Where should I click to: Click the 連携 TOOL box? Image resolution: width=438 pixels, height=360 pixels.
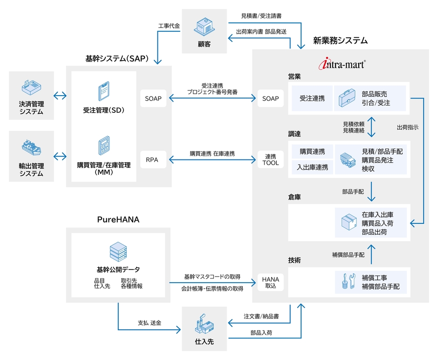tap(270, 160)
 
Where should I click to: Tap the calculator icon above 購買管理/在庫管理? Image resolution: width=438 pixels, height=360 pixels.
tap(103, 146)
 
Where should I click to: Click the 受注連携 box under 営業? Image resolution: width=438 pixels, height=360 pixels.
tap(312, 98)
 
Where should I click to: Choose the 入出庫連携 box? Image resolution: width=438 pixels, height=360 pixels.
tap(312, 167)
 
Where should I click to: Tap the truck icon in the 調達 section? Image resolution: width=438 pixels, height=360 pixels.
tap(348, 160)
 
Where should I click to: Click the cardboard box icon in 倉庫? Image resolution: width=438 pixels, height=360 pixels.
tap(348, 222)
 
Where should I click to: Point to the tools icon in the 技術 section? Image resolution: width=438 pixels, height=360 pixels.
tap(348, 282)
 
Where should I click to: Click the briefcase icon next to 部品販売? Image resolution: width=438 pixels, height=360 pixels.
tap(348, 98)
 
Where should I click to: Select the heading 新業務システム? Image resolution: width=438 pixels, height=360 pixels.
tap(340, 41)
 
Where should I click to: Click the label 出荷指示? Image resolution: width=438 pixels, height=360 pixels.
tap(407, 127)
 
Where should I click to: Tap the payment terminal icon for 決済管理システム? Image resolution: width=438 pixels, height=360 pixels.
tap(32, 88)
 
